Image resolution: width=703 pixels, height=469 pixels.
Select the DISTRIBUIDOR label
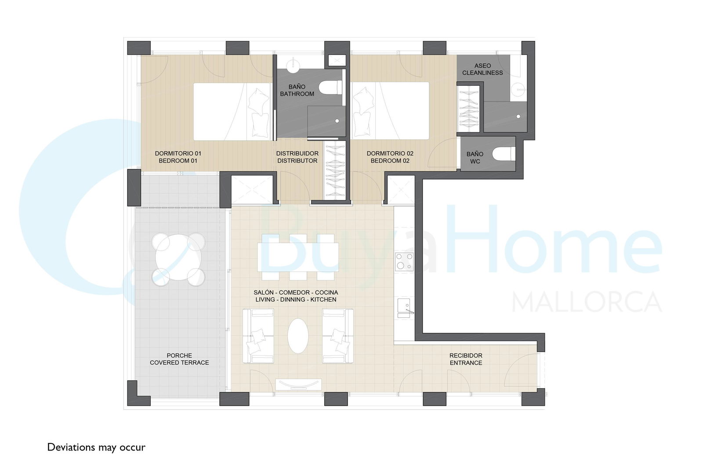point(297,153)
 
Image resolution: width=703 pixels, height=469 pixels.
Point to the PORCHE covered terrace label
point(179,359)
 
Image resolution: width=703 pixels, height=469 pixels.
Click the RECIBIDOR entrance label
point(466,359)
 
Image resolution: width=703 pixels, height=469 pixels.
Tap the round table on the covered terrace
point(178,259)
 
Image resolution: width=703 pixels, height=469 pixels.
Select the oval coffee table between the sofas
point(298,336)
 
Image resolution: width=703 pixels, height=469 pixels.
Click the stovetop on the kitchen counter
point(404,262)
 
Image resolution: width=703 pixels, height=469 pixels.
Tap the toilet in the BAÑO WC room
point(504,154)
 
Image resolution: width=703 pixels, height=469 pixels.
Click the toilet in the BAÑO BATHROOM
point(330,87)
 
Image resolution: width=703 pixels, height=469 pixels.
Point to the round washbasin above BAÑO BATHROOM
point(294,65)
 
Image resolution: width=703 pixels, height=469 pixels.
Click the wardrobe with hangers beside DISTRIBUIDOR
point(335,170)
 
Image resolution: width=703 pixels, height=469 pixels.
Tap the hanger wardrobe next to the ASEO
point(468,109)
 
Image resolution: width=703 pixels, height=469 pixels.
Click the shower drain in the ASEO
point(518,116)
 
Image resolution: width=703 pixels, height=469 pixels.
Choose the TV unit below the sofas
point(298,385)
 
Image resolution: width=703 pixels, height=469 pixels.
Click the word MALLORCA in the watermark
point(587,302)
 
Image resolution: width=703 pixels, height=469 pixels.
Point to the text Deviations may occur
point(96,447)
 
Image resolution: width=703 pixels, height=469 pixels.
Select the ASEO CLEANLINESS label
point(482,69)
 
